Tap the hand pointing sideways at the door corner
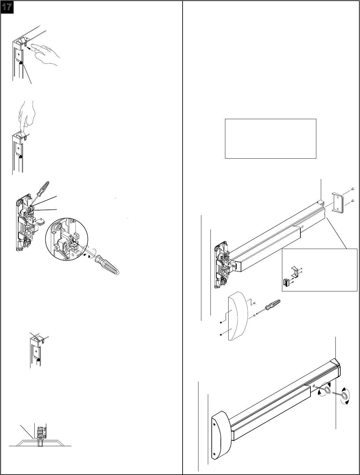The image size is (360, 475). [x=47, y=55]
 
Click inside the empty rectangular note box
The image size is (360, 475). [x=270, y=139]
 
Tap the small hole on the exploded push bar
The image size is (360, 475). [x=302, y=227]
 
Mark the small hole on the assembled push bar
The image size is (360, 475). [x=314, y=386]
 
